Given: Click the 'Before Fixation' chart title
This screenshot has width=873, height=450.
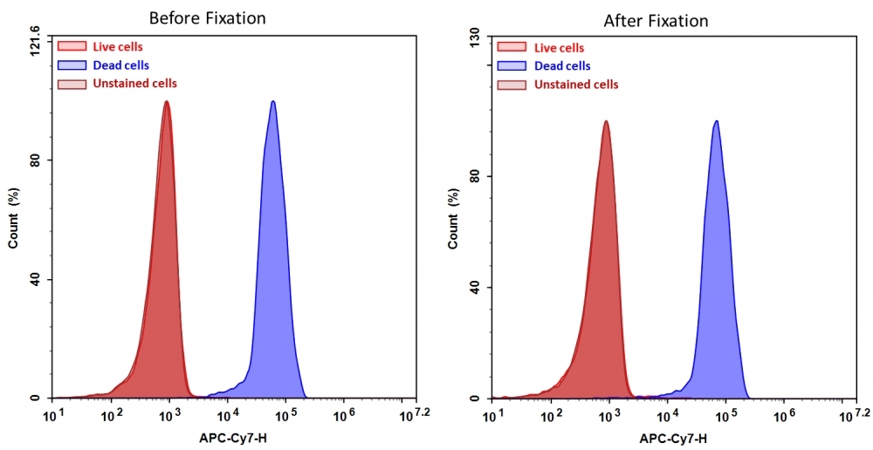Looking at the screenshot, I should point(207,17).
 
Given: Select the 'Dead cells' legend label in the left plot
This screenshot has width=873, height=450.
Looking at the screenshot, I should point(121,65).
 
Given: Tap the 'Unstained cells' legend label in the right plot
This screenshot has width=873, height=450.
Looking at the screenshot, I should point(576,85).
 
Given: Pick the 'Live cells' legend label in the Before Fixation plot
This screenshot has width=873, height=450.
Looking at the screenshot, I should point(118,47).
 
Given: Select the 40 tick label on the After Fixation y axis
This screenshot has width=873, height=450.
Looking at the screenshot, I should point(476,287).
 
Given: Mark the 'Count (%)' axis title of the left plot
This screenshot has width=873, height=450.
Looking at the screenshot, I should point(13,218).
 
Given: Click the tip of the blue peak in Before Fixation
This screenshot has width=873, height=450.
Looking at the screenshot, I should point(273,101).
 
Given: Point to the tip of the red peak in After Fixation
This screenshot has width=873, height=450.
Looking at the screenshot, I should point(605,121).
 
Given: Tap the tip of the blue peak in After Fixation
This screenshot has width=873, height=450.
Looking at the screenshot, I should point(717,121).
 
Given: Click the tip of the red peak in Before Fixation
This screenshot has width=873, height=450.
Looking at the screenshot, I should point(166,101).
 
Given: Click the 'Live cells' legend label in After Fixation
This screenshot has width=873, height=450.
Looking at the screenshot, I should point(560,48).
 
